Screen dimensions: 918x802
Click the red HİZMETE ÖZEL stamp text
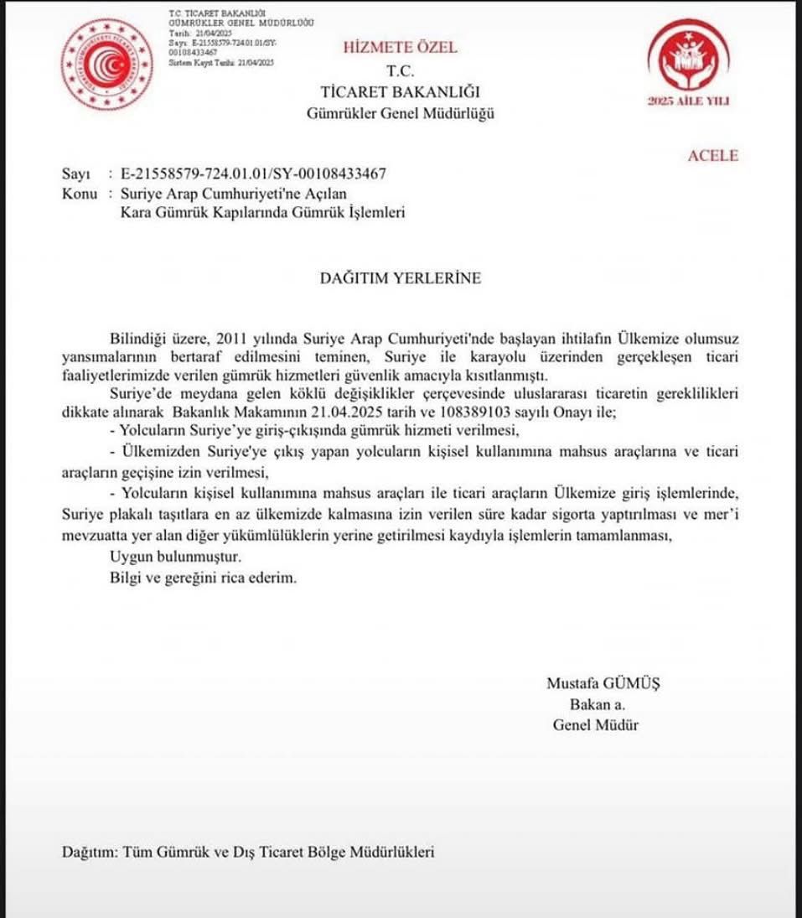tap(400, 48)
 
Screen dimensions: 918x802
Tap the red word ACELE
tap(712, 156)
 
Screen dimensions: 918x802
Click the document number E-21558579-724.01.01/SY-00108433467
tap(254, 174)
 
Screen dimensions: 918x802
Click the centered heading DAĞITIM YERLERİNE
tap(401, 278)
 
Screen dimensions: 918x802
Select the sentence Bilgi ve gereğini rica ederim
tap(203, 578)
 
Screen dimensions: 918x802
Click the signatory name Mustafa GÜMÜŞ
tap(603, 683)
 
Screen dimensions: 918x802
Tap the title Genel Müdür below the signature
tap(595, 725)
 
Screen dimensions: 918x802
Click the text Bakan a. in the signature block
tap(597, 704)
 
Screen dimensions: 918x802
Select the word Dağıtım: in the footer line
tap(91, 852)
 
